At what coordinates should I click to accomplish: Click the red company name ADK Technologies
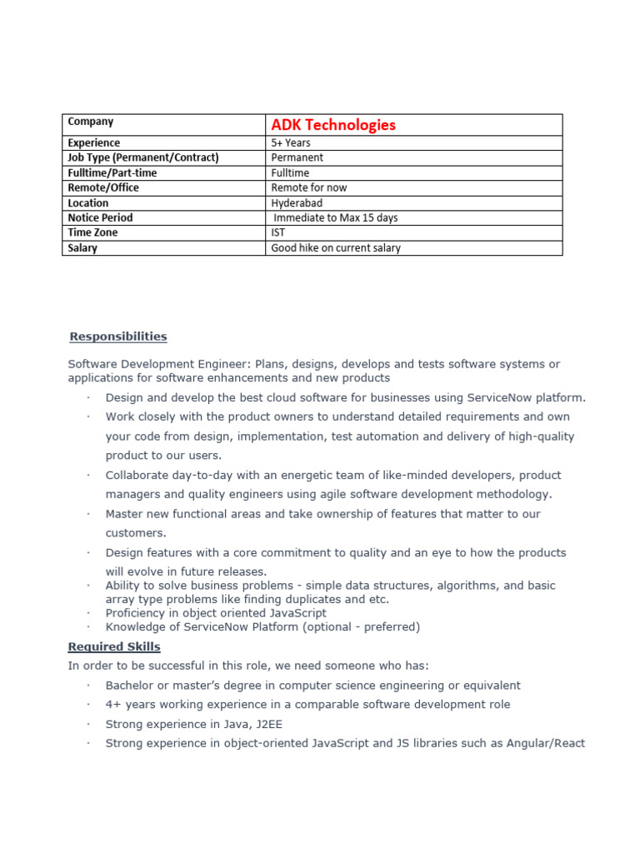point(333,125)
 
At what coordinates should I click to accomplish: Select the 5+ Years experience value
point(291,143)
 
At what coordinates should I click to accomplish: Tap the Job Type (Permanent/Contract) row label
point(142,157)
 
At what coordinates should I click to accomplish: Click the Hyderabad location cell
point(297,202)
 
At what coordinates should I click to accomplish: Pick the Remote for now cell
point(309,187)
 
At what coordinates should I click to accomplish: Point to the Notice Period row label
point(100,217)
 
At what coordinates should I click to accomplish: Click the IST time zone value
point(278,232)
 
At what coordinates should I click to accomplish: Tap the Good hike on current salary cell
point(336,247)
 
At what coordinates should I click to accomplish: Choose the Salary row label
point(82,247)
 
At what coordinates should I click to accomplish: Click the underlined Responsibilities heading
point(117,337)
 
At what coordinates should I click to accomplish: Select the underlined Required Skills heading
point(114,646)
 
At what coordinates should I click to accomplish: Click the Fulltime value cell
point(290,172)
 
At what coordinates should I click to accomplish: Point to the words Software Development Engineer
point(159,364)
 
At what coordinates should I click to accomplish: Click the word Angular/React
point(546,743)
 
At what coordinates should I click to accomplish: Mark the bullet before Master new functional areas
point(87,515)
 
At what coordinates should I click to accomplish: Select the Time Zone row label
point(92,232)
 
